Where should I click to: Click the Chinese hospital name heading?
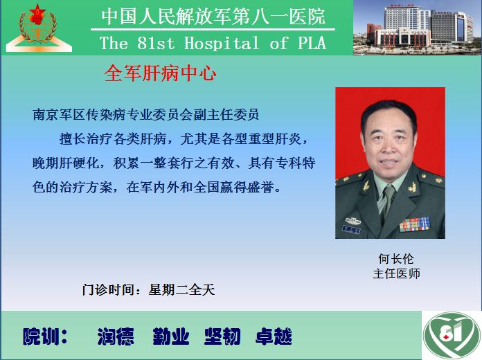(x=213, y=17)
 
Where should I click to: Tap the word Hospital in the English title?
(x=222, y=43)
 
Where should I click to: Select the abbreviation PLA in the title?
(x=312, y=43)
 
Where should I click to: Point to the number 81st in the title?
(x=156, y=43)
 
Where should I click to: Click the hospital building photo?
(x=418, y=28)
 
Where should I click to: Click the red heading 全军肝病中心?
(x=160, y=73)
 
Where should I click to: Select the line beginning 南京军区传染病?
(x=145, y=115)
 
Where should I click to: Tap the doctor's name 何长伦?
(x=396, y=259)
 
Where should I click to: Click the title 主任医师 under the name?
(x=396, y=273)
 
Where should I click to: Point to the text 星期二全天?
(x=181, y=289)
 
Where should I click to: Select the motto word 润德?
(x=116, y=336)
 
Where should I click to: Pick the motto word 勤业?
(x=170, y=336)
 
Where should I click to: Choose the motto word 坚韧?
(x=222, y=336)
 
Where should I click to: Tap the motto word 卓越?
(x=274, y=336)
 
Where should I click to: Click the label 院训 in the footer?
(x=46, y=336)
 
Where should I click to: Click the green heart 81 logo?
(x=452, y=335)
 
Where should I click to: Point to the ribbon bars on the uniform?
(x=414, y=224)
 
